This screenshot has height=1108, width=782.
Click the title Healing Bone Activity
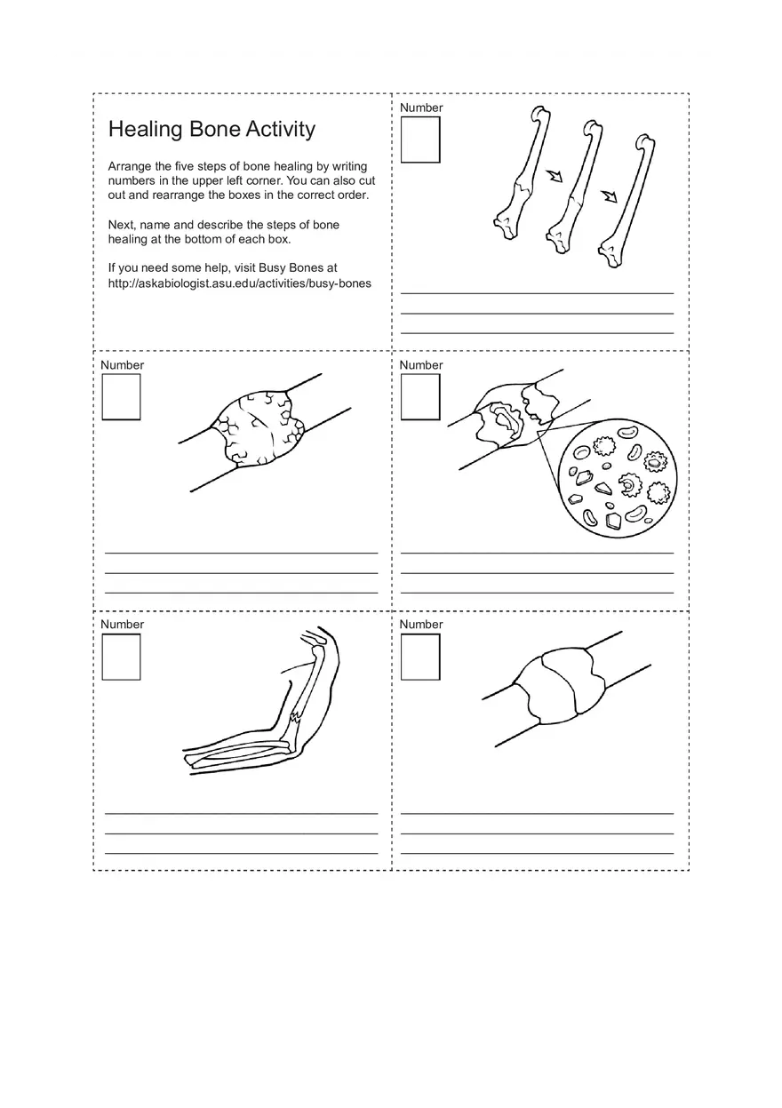(x=211, y=130)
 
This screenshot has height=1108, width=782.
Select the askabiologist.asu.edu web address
(x=239, y=283)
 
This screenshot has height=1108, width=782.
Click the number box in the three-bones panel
(x=420, y=140)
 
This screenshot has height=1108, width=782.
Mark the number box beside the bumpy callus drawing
(x=121, y=397)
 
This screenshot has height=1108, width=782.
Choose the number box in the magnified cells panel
(x=420, y=397)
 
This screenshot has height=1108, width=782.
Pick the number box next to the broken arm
(x=121, y=657)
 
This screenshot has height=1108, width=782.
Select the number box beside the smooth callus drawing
(x=420, y=657)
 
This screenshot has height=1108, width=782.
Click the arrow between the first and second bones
(x=555, y=175)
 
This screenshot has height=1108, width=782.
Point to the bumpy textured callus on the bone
(x=260, y=428)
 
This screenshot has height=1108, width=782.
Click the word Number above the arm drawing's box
(x=122, y=625)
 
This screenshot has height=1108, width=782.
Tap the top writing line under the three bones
(x=537, y=293)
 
